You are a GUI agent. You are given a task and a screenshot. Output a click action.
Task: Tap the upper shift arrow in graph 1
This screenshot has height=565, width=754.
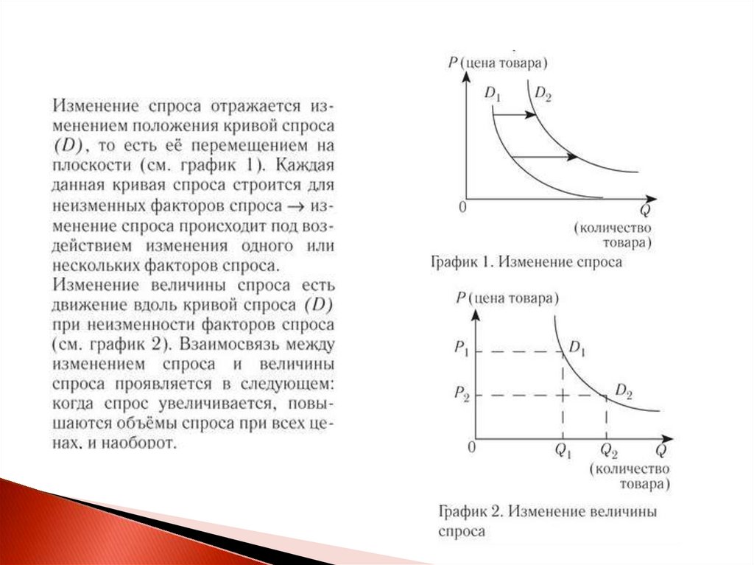(x=515, y=115)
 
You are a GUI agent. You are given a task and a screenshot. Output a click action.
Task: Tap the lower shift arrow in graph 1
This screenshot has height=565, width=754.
(x=545, y=156)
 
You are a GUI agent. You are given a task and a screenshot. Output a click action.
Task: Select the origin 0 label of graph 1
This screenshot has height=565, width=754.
(x=462, y=207)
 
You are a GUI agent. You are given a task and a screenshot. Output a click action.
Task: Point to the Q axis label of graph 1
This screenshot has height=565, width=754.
(x=644, y=211)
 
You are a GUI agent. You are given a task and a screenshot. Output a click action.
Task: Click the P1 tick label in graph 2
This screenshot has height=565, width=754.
(x=461, y=352)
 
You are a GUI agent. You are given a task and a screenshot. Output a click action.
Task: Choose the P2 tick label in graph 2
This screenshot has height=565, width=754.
(x=461, y=396)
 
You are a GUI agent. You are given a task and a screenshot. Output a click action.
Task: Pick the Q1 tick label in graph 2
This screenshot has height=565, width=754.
(x=564, y=449)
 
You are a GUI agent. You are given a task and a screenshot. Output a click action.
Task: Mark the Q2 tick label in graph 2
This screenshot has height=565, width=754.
(x=609, y=449)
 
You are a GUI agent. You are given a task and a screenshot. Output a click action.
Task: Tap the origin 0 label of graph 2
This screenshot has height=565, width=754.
(x=472, y=447)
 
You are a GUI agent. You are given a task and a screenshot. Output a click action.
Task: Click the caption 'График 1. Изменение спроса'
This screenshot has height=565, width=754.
(x=526, y=262)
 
